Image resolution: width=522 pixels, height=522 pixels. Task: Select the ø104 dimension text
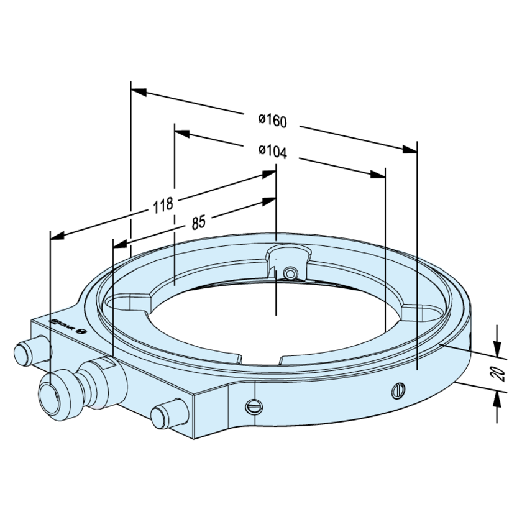272,151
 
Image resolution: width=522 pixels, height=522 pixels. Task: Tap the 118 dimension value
162,206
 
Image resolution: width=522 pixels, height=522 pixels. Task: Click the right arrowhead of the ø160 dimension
410,148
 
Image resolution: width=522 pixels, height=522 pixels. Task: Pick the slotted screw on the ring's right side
398,390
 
